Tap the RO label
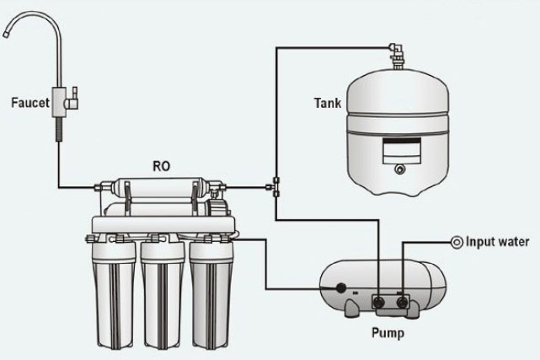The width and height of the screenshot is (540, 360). [x=160, y=165]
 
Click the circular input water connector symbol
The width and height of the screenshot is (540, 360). [x=456, y=242]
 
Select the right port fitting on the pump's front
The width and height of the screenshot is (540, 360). [x=403, y=299]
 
